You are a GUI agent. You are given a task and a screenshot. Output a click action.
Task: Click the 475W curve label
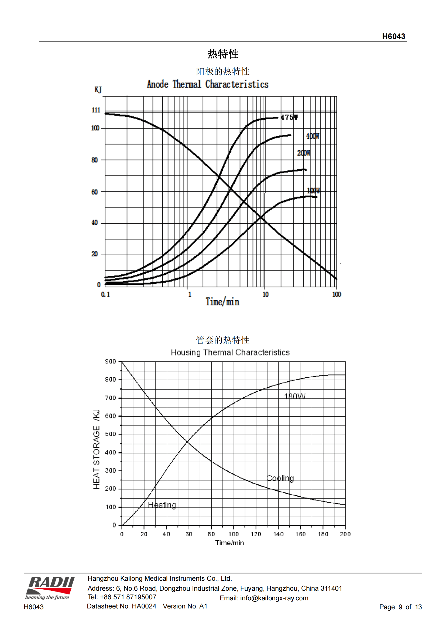click(x=289, y=117)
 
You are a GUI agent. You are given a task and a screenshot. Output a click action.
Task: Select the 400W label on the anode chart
click(x=313, y=136)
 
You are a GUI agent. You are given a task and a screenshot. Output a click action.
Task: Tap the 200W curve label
click(x=303, y=153)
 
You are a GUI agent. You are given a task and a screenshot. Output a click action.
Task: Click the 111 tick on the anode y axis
click(x=96, y=110)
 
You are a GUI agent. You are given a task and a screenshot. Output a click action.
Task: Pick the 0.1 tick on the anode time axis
click(x=105, y=294)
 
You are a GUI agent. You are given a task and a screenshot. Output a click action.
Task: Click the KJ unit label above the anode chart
click(x=98, y=90)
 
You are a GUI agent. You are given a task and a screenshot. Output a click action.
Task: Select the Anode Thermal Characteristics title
click(x=208, y=84)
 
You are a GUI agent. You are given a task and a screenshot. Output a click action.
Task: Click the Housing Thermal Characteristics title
click(x=230, y=352)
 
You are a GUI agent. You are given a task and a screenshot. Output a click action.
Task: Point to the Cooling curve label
click(x=280, y=478)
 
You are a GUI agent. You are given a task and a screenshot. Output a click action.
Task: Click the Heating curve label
click(x=162, y=505)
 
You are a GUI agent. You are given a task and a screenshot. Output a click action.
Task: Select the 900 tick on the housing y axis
click(x=110, y=361)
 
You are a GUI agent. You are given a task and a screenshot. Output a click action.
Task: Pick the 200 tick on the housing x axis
click(x=345, y=534)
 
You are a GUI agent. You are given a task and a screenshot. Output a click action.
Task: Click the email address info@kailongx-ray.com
click(x=274, y=598)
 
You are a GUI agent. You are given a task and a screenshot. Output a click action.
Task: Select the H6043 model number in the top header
click(x=393, y=36)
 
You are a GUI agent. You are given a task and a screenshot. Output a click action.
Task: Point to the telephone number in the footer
click(x=122, y=597)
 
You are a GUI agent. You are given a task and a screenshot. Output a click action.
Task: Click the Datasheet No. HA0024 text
click(x=121, y=606)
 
